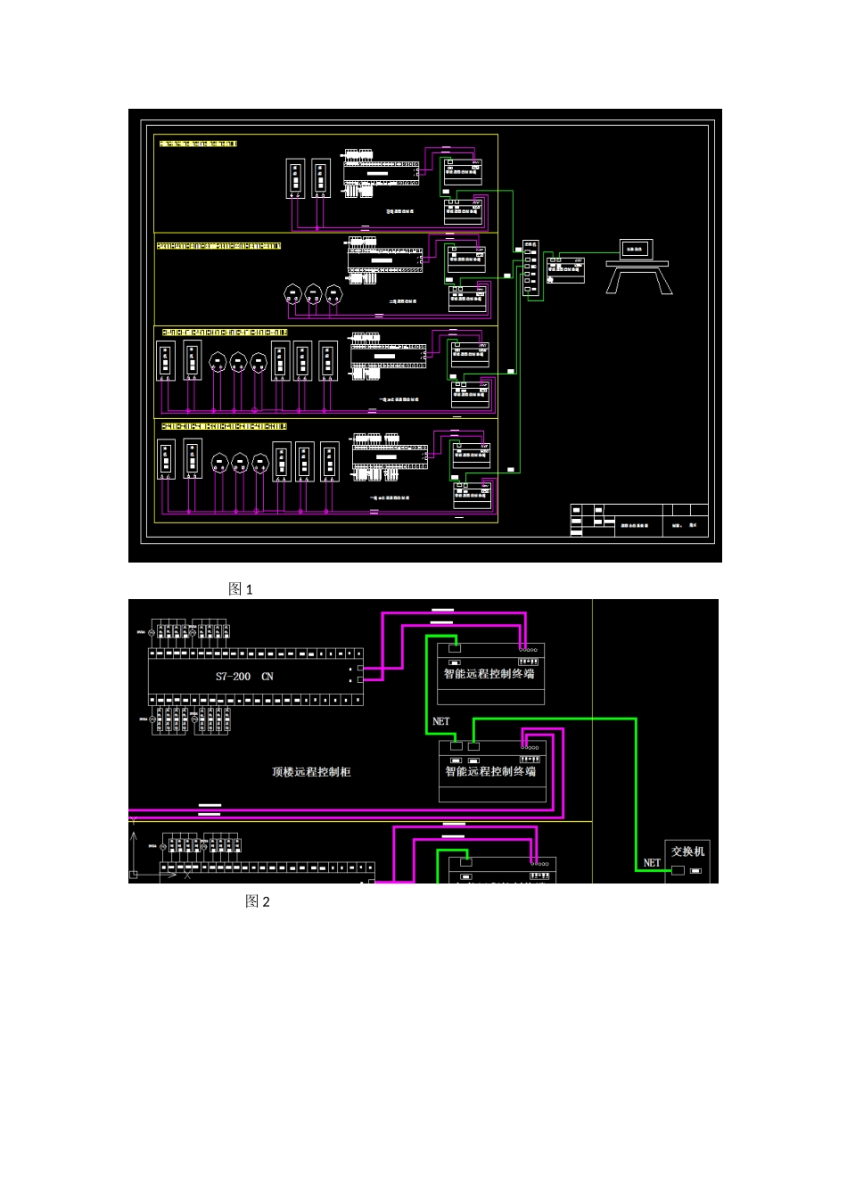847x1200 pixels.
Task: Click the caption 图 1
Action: click(241, 589)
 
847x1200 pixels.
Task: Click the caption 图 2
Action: click(257, 902)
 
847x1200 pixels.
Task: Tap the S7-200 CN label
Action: click(244, 677)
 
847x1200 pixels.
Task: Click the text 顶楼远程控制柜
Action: click(311, 772)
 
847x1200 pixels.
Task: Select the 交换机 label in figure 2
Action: click(687, 851)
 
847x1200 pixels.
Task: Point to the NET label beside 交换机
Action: click(652, 863)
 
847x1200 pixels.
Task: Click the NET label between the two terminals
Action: click(440, 721)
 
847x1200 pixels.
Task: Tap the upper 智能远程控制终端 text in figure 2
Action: click(489, 674)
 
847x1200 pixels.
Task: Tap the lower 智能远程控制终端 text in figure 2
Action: click(490, 771)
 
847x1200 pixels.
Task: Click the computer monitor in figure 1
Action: click(635, 250)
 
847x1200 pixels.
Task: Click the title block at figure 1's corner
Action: click(638, 520)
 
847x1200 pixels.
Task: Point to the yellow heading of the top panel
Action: click(198, 143)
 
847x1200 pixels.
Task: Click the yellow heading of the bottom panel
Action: click(224, 427)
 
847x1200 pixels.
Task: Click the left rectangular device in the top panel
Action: click(295, 178)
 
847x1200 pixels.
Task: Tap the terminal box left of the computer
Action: click(565, 270)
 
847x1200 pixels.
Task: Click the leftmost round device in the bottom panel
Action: click(219, 463)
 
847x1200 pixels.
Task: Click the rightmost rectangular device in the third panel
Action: click(328, 364)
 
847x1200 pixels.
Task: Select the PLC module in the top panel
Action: click(382, 173)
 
